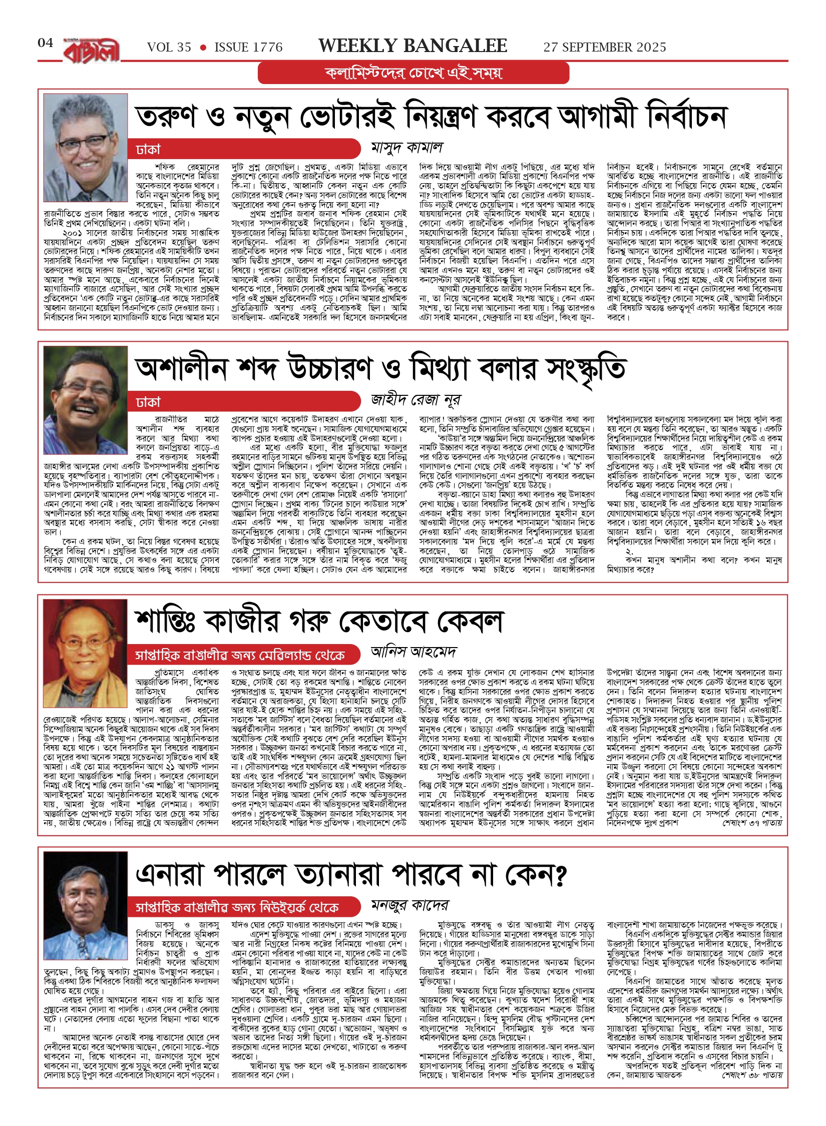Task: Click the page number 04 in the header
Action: [x=45, y=43]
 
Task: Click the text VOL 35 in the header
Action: [x=169, y=48]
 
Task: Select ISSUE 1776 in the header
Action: [x=248, y=48]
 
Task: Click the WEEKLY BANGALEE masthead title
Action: [x=412, y=46]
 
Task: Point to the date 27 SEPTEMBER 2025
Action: [x=604, y=48]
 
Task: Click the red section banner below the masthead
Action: [x=413, y=73]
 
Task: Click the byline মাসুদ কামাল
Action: [x=406, y=148]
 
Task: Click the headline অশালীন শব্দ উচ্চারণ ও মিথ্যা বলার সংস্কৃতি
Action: [x=380, y=369]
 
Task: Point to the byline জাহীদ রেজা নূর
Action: [x=416, y=400]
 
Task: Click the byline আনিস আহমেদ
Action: [x=414, y=652]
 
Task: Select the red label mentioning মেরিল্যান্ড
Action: [x=240, y=655]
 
